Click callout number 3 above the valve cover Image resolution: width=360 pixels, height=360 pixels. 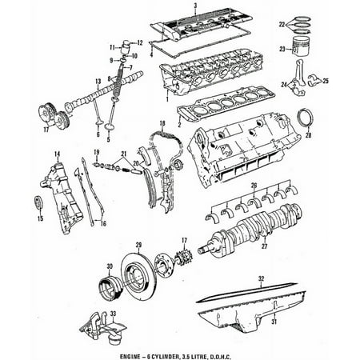pos(194,6)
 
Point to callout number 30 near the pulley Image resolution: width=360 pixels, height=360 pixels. pos(110,268)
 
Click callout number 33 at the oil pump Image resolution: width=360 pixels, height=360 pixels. pos(113,313)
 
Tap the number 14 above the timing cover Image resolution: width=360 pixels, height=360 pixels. pos(57,153)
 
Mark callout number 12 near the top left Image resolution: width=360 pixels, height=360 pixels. pos(139,42)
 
